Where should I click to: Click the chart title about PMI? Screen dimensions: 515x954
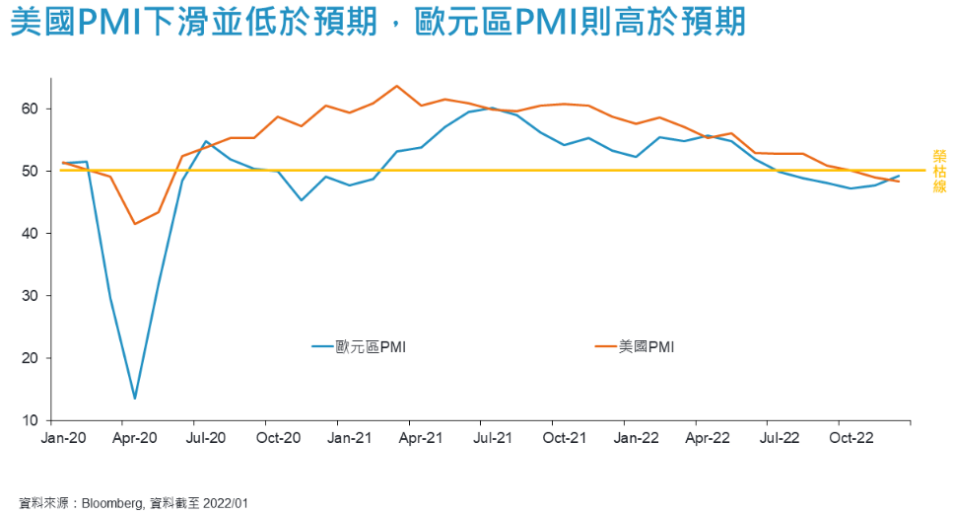click(x=378, y=23)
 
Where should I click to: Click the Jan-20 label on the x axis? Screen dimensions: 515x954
click(x=62, y=435)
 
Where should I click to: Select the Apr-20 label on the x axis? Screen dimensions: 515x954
click(x=134, y=435)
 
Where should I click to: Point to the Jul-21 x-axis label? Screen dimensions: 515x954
click(x=492, y=435)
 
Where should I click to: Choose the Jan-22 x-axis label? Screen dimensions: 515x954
click(x=637, y=435)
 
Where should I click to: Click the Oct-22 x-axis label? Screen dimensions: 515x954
click(x=852, y=435)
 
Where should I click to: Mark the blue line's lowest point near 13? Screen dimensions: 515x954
click(x=134, y=399)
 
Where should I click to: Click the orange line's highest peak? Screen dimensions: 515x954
click(x=396, y=86)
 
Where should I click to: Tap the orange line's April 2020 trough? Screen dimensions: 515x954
click(x=135, y=224)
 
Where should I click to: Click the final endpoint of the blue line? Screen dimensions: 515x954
click(x=899, y=176)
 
